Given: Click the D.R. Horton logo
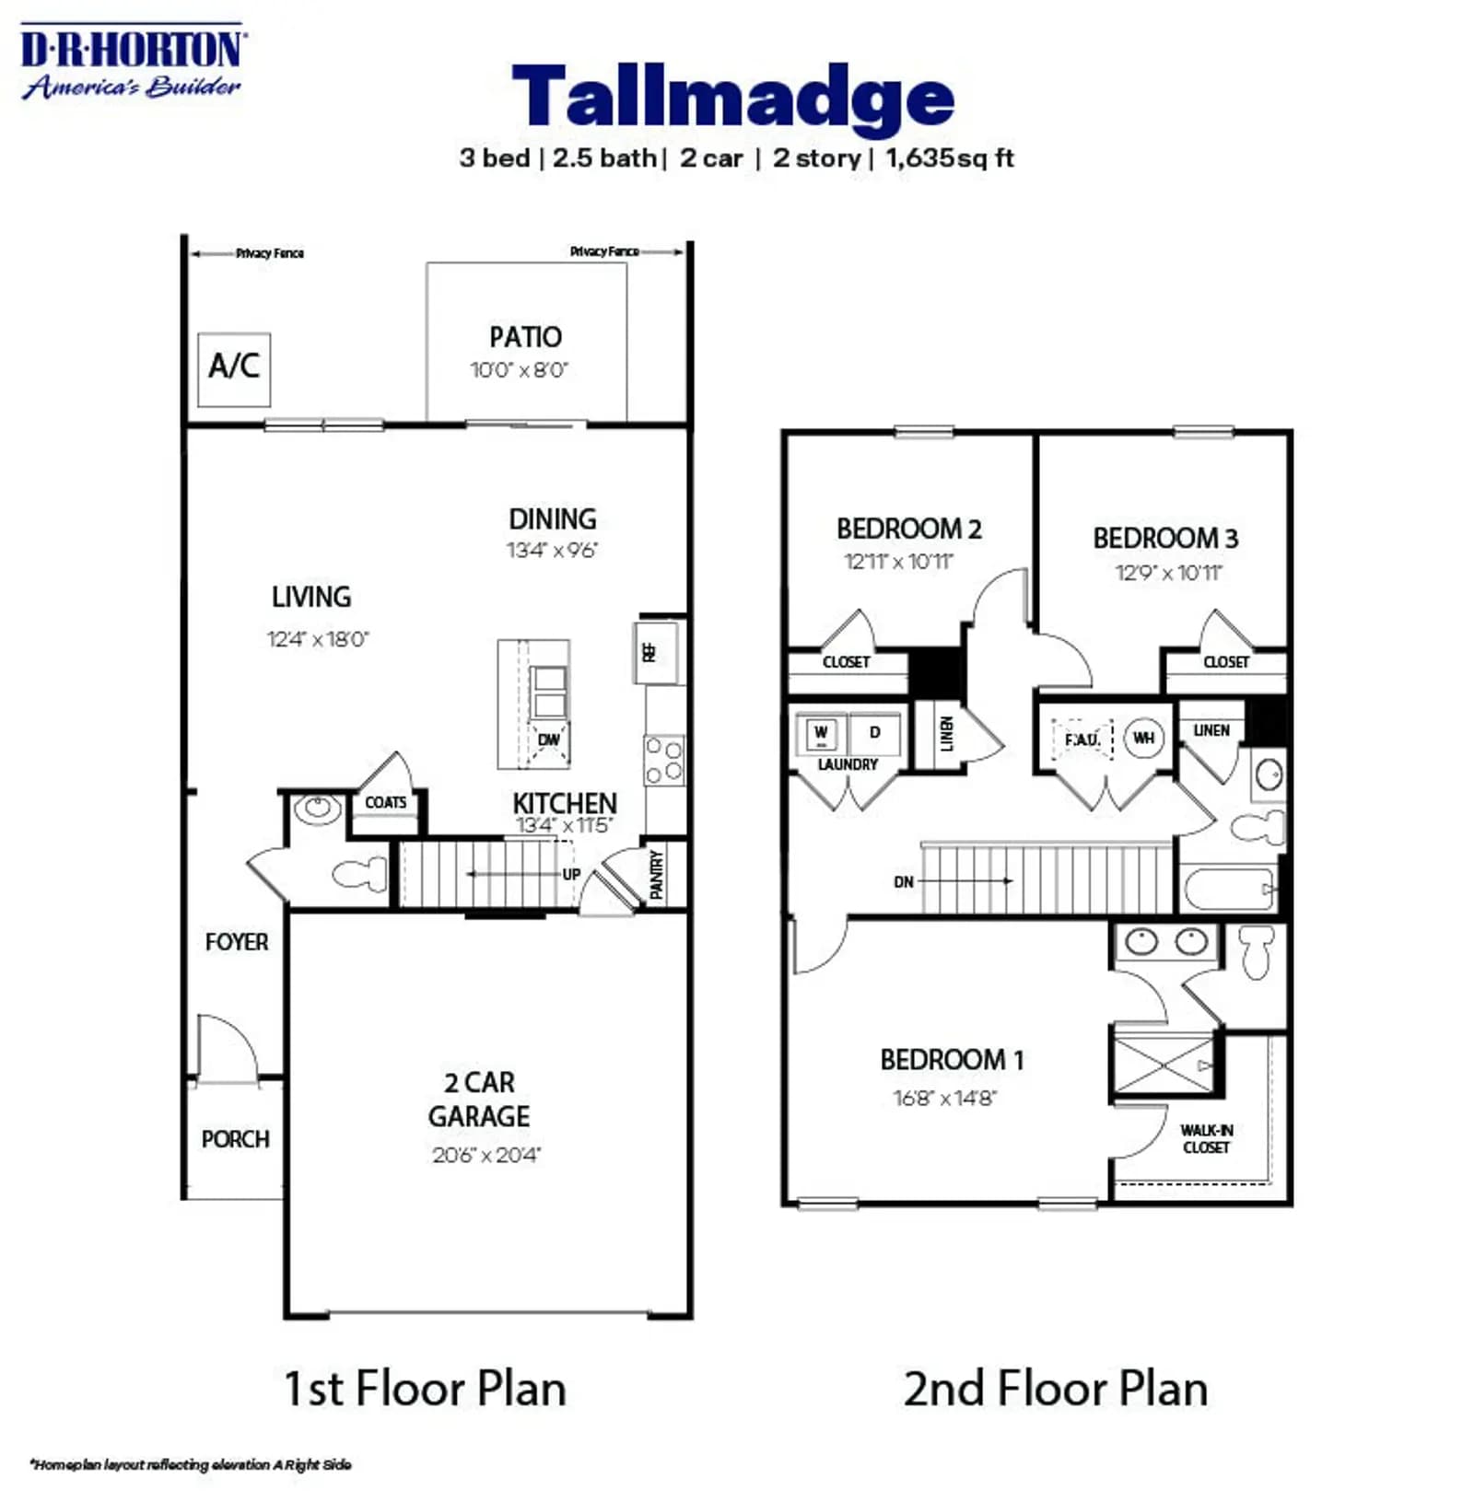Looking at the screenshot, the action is coord(132,62).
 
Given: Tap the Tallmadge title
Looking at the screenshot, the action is coord(732,97).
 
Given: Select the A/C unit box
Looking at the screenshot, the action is coord(234,369).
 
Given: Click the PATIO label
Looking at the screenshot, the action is coord(525,337).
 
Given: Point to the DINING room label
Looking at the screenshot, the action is coord(552,518).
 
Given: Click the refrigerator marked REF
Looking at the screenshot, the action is coord(657,652).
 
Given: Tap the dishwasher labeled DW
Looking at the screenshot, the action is coord(548,739).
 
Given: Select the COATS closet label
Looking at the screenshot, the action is coord(385,802).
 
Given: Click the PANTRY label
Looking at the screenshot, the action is coord(656,874).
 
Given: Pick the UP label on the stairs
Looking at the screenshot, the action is coord(571,874).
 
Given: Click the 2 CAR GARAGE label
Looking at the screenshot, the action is coord(479,1099).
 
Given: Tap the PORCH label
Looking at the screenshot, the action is coord(235,1139).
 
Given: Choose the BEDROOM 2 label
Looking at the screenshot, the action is coord(908,529).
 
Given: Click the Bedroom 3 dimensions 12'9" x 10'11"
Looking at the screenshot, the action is coord(1168,573).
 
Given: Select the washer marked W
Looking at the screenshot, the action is coord(821,733).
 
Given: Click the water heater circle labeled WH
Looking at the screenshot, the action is coord(1143,738).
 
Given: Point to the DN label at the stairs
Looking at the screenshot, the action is coord(903,881).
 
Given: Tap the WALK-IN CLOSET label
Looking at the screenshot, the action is coord(1206,1138).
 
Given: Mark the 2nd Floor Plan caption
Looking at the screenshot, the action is coord(1055,1388).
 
